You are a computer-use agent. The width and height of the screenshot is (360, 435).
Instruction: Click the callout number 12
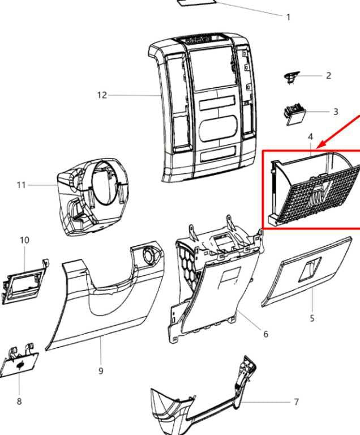pyautogui.click(x=102, y=95)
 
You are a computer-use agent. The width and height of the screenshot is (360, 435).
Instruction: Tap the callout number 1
pyautogui.click(x=288, y=17)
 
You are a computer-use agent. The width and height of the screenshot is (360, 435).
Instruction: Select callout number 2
pyautogui.click(x=328, y=75)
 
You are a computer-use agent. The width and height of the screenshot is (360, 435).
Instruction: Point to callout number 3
pyautogui.click(x=336, y=112)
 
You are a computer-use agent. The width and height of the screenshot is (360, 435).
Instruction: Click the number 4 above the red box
pyautogui.click(x=310, y=137)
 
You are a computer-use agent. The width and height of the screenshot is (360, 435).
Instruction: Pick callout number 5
pyautogui.click(x=312, y=318)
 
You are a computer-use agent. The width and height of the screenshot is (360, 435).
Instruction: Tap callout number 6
pyautogui.click(x=265, y=334)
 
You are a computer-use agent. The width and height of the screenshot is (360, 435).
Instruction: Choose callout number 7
pyautogui.click(x=296, y=402)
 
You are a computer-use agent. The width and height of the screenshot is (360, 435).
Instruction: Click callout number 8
pyautogui.click(x=19, y=401)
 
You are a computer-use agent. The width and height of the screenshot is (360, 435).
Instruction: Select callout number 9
pyautogui.click(x=101, y=370)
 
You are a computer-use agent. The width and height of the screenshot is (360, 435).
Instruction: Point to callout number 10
pyautogui.click(x=24, y=240)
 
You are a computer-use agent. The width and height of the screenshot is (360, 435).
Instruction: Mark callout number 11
pyautogui.click(x=21, y=185)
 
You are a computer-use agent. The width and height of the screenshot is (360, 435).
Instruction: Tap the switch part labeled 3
pyautogui.click(x=294, y=114)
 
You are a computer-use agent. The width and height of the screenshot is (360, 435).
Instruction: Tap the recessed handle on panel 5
pyautogui.click(x=310, y=269)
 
